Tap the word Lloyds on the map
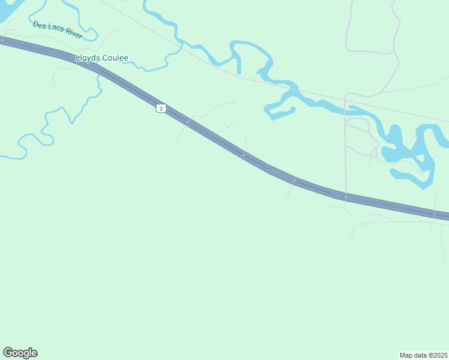point(88,58)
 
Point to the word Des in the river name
point(40,25)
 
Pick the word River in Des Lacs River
point(73,35)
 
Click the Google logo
point(20,353)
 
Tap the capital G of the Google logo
point(8,352)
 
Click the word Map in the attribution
point(406,355)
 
